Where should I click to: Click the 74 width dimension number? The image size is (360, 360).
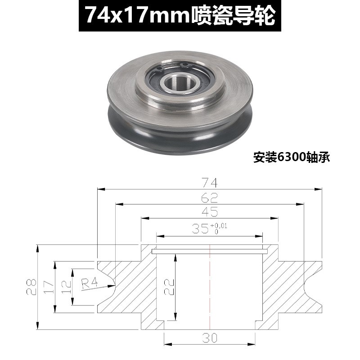(210, 183)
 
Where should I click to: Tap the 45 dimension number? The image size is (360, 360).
(210, 212)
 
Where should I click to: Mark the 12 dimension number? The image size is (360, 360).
(66, 287)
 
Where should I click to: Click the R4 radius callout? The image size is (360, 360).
(90, 283)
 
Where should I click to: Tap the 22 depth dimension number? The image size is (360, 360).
(167, 286)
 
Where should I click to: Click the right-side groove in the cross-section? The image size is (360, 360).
(310, 287)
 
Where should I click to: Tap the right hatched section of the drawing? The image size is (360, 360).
(283, 288)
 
